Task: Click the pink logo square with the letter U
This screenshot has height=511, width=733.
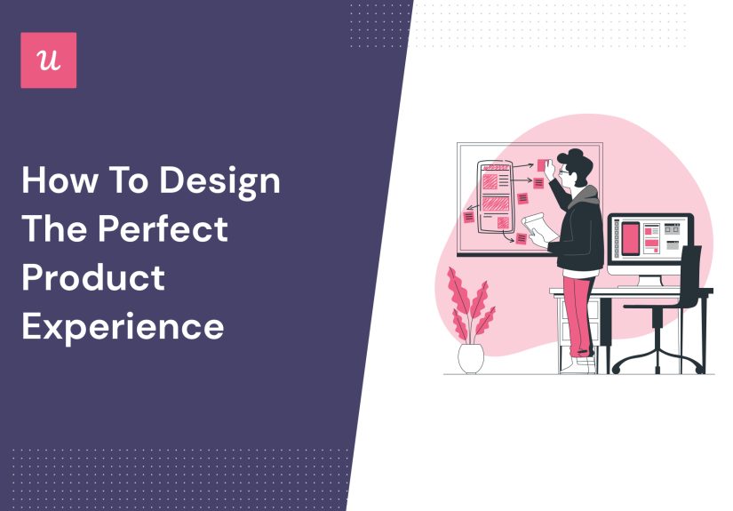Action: pos(48,60)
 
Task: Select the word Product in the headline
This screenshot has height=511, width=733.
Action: pos(93,277)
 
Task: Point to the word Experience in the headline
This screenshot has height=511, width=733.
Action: pos(123,326)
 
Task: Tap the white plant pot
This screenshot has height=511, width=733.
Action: pos(471,357)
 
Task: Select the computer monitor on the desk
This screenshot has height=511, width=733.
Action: pos(649,241)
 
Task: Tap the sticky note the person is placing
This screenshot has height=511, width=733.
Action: pos(542,165)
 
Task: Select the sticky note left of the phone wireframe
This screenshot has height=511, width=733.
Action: pos(468,216)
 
